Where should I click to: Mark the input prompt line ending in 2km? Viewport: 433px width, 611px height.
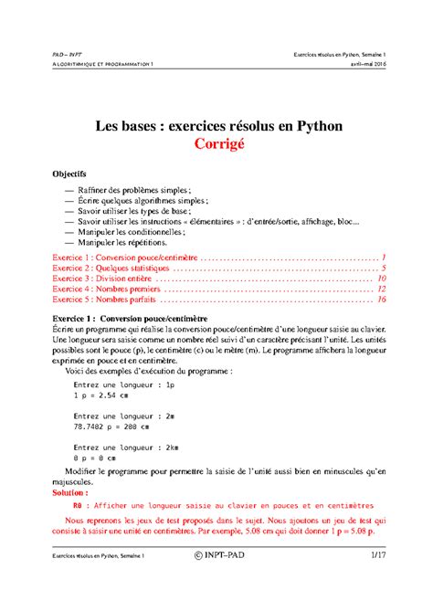[127, 447]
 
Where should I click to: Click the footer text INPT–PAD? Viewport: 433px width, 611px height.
[221, 582]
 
